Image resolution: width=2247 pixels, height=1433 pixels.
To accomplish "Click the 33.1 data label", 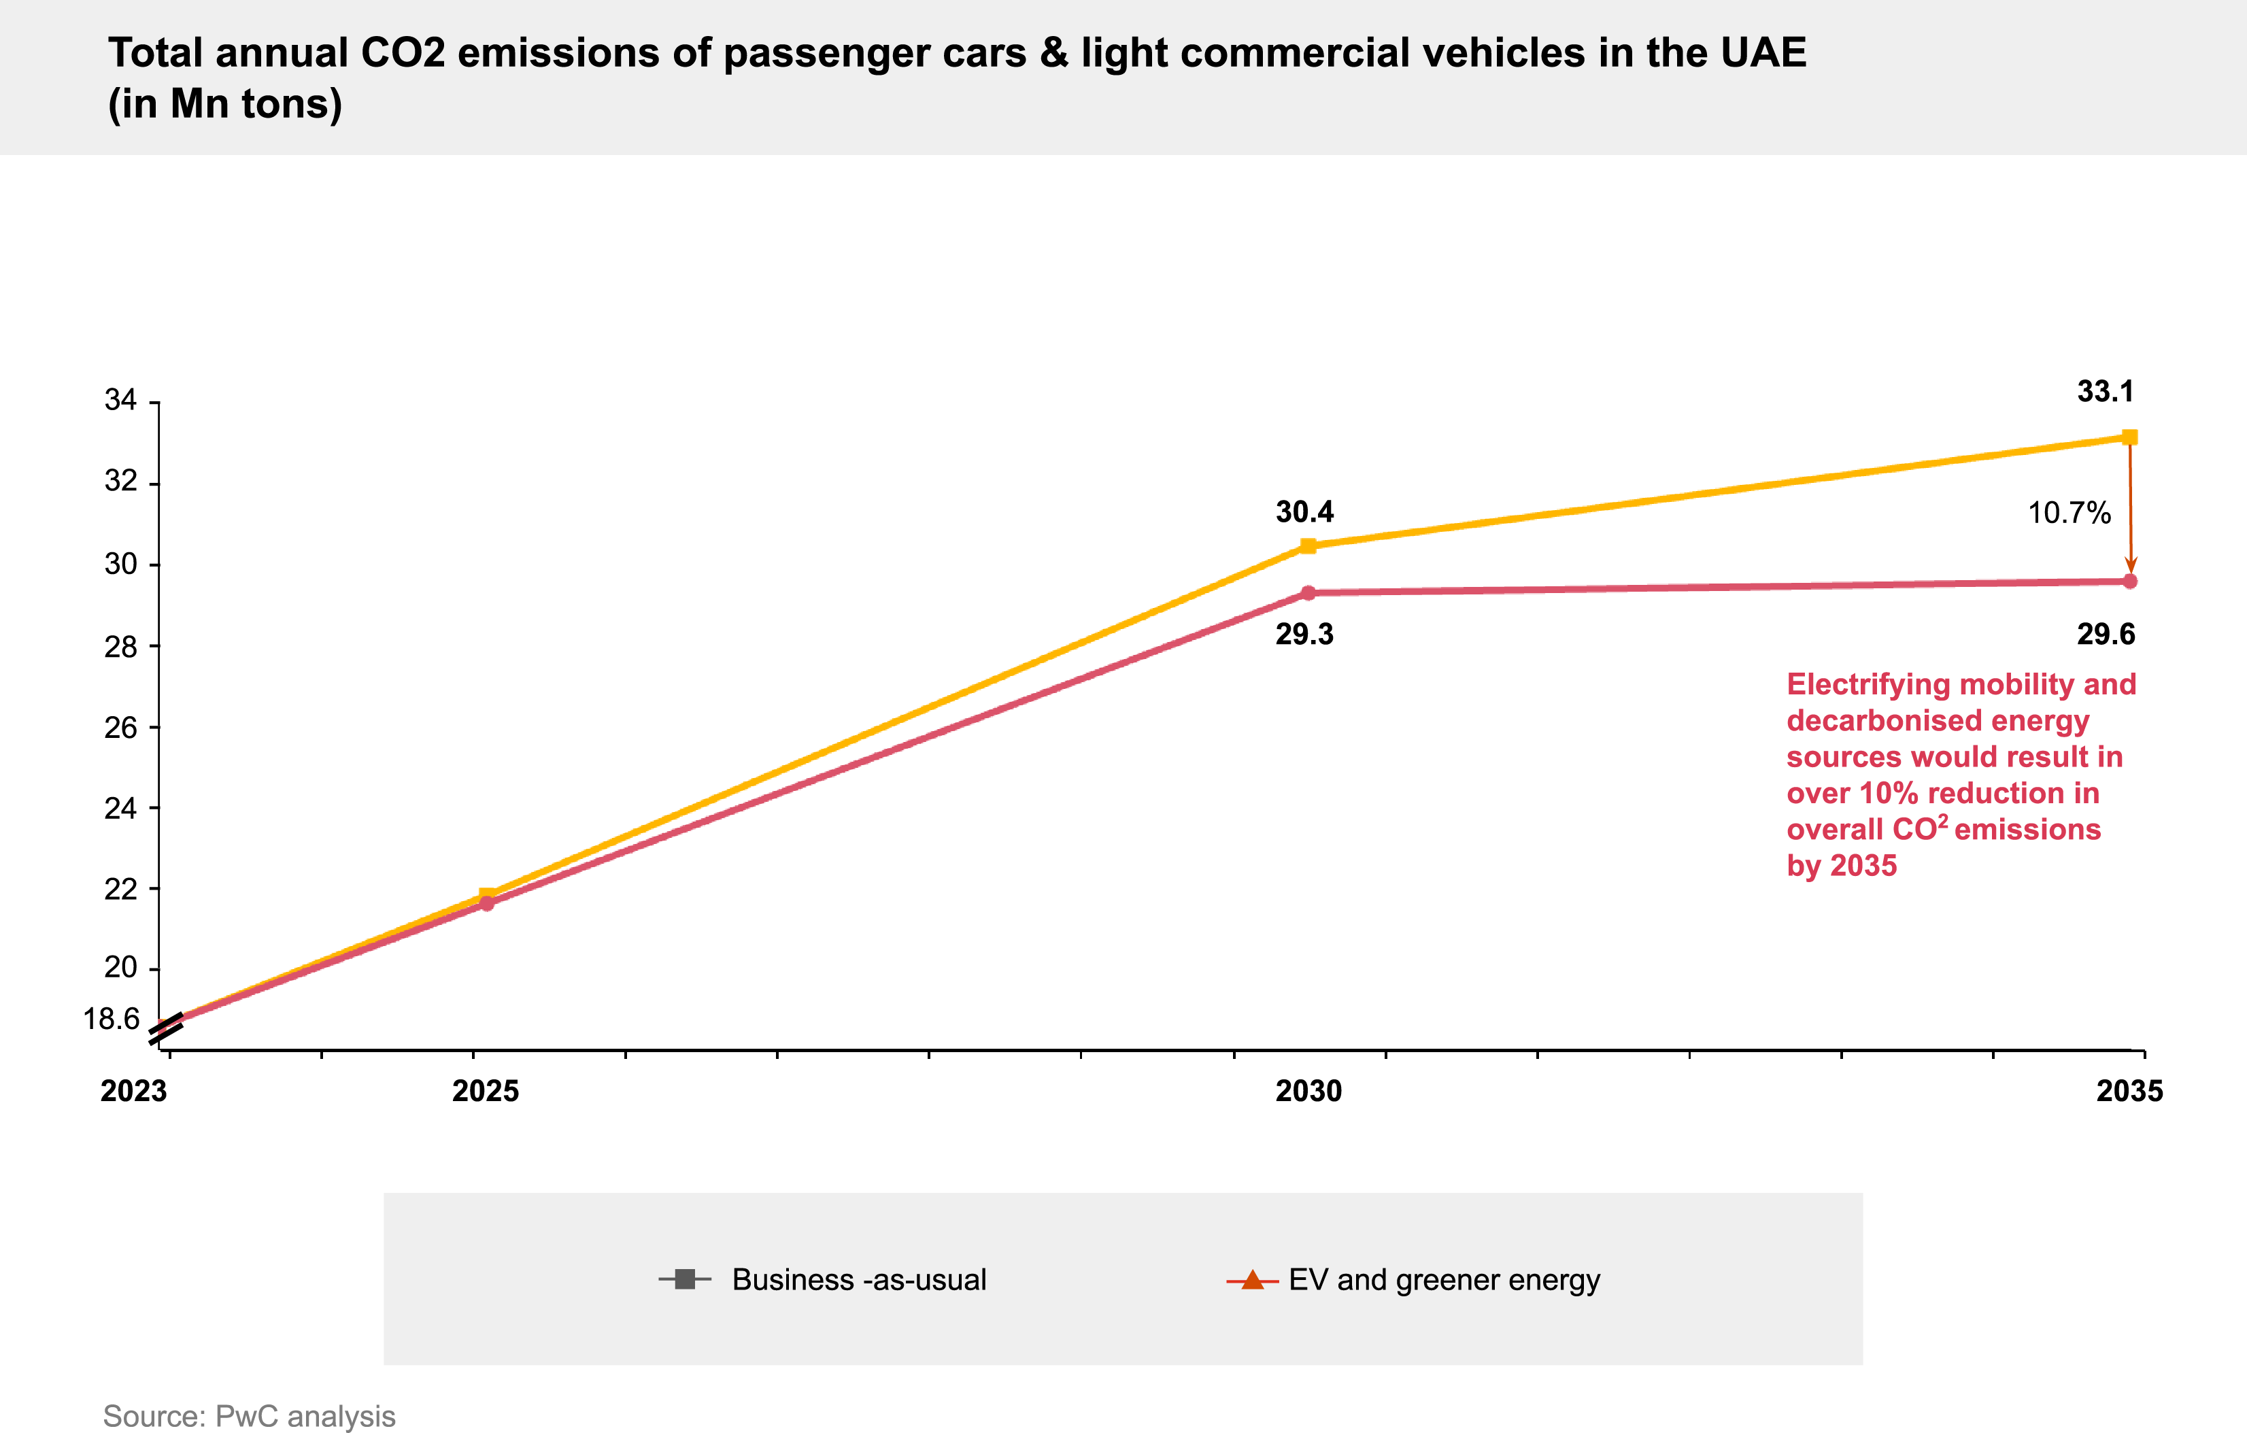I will (2105, 392).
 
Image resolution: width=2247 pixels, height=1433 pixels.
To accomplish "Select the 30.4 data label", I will (1304, 512).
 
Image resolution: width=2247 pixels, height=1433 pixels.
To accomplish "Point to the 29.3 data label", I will (1304, 635).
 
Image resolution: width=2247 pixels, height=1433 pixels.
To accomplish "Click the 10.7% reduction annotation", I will (2069, 513).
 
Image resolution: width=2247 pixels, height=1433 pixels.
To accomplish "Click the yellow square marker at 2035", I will (2129, 437).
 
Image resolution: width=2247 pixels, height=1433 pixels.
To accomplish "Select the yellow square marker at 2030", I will (1308, 545).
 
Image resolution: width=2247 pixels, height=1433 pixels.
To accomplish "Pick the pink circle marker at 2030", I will (1308, 593).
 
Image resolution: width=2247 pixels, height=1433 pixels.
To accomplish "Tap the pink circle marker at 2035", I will (2129, 582).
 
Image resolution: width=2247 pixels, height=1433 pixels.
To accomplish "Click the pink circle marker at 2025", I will (487, 903).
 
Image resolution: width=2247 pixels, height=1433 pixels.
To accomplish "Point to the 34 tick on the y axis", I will (120, 401).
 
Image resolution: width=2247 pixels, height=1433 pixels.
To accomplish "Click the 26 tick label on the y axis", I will (120, 728).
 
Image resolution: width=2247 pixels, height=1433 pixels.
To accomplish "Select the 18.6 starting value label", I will (111, 1019).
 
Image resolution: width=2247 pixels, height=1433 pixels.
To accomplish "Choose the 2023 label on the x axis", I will (133, 1091).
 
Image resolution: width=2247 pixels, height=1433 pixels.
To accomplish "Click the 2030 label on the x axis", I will (1308, 1091).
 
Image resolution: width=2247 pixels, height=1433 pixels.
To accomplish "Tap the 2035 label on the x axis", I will (2129, 1091).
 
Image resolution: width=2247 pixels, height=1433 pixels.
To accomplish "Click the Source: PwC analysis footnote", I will (249, 1415).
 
